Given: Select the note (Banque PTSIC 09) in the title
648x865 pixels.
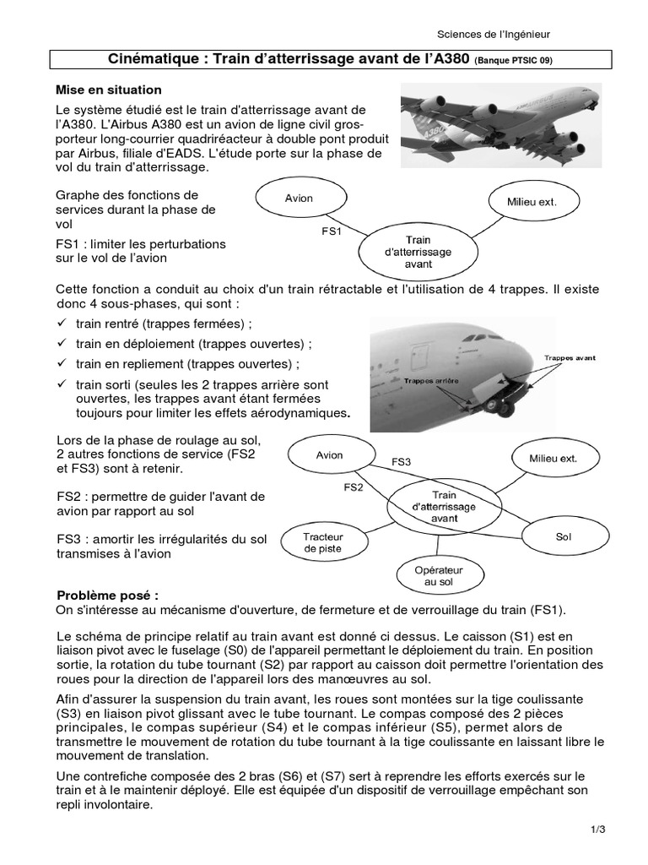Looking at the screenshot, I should tap(514, 62).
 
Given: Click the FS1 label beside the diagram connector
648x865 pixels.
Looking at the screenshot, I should tap(332, 230).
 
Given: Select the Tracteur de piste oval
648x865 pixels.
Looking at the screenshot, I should tap(322, 541).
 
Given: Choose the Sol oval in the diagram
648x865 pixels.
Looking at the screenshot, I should tap(564, 536).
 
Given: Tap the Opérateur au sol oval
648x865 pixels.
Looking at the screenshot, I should tap(439, 576).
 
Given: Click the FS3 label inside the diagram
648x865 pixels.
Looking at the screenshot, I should tap(402, 462).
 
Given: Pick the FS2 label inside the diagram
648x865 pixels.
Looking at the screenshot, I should tap(354, 487).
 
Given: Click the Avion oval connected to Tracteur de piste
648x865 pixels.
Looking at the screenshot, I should tap(329, 455).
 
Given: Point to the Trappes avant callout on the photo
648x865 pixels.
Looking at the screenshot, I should tap(570, 358).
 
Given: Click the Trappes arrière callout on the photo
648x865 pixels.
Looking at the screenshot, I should tap(430, 381).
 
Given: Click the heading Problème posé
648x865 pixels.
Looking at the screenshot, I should tap(107, 595).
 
